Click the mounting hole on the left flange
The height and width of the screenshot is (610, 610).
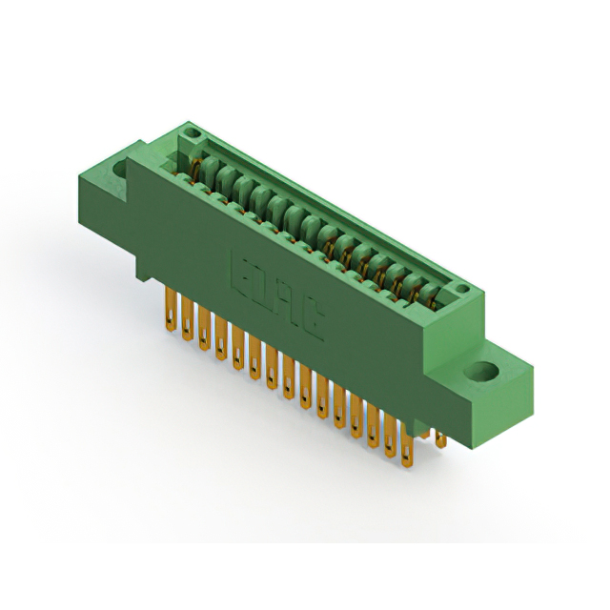click(120, 171)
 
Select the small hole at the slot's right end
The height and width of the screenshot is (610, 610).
click(460, 288)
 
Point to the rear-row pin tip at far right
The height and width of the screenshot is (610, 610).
click(439, 439)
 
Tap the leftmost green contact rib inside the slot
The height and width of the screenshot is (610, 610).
click(202, 169)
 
